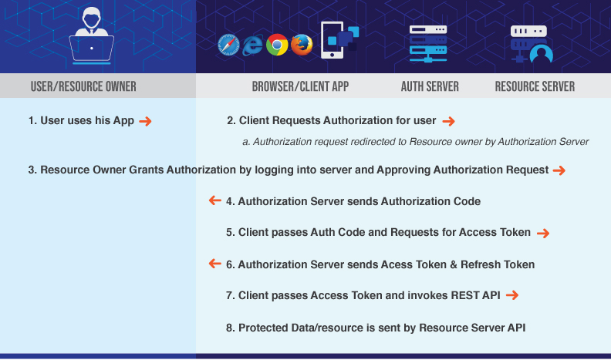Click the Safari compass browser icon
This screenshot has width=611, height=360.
point(229,45)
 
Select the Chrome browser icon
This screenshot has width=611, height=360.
point(277,45)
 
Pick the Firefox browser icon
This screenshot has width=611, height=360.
point(302,45)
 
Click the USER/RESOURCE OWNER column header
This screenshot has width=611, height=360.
point(83,86)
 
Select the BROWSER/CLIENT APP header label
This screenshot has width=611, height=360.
point(300,86)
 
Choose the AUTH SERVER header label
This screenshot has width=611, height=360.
point(430,86)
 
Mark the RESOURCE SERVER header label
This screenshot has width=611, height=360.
point(535,86)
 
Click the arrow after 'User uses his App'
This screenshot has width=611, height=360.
point(145,121)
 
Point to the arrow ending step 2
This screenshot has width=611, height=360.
point(448,121)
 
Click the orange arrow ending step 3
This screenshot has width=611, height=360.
point(559,170)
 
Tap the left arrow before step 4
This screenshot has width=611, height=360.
point(215,201)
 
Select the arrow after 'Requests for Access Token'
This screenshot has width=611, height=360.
point(543,233)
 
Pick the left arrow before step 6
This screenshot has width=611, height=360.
point(215,264)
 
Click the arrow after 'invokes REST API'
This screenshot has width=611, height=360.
point(511,295)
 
